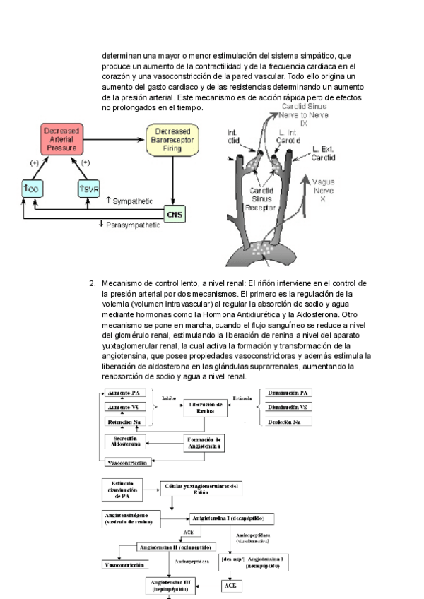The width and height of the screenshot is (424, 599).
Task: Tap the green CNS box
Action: pos(174,213)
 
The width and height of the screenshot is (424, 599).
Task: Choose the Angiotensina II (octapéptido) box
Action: pos(173,547)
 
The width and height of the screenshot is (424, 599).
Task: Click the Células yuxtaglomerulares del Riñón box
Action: pos(201,490)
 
